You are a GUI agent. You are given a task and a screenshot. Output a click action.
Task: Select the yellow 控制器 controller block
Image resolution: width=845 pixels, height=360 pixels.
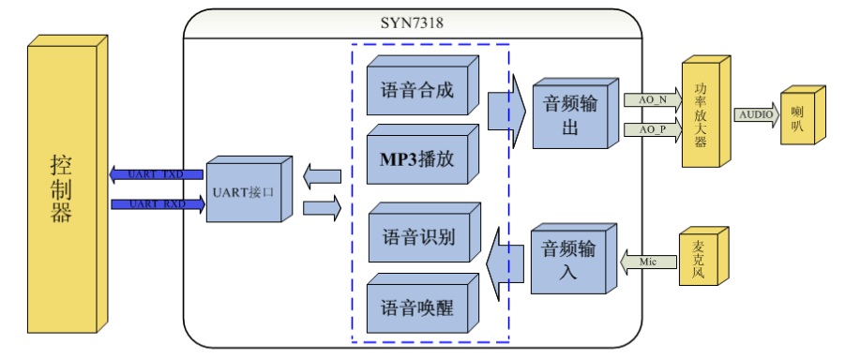coord(61,187)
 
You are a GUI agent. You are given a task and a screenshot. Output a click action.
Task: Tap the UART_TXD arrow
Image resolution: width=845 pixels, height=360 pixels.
coord(156,173)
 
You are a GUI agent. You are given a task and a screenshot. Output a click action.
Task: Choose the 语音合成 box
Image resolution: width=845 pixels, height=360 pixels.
coord(418,92)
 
